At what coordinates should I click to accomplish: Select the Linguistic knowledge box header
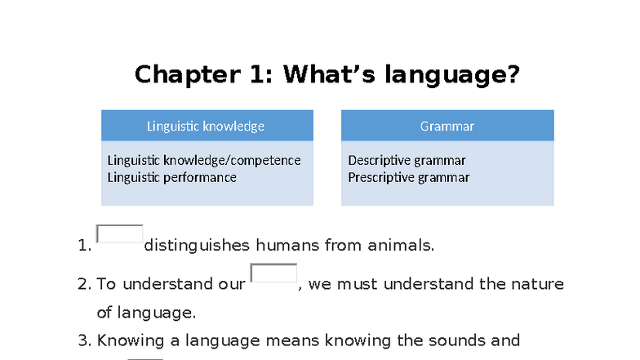tap(206, 126)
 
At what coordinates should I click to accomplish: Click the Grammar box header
tap(447, 126)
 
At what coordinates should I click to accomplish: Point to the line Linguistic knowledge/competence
tap(203, 160)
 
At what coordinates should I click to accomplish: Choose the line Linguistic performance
tap(171, 177)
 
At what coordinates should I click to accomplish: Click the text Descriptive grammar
tap(407, 160)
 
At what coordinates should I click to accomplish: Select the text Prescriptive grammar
tap(408, 177)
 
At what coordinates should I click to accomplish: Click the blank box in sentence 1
tap(119, 234)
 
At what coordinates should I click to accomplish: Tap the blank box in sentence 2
tap(273, 273)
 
